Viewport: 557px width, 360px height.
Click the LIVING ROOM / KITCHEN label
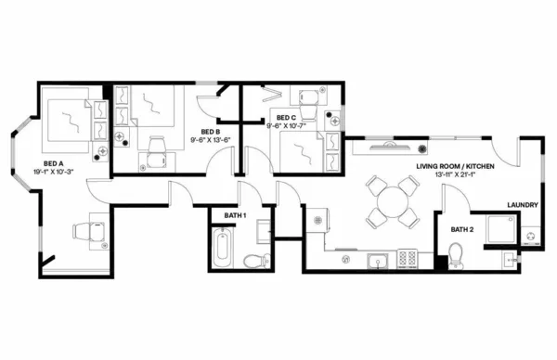coord(455,164)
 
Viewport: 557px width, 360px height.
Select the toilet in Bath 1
coord(254,261)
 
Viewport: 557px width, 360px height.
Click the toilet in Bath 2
coord(455,253)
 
